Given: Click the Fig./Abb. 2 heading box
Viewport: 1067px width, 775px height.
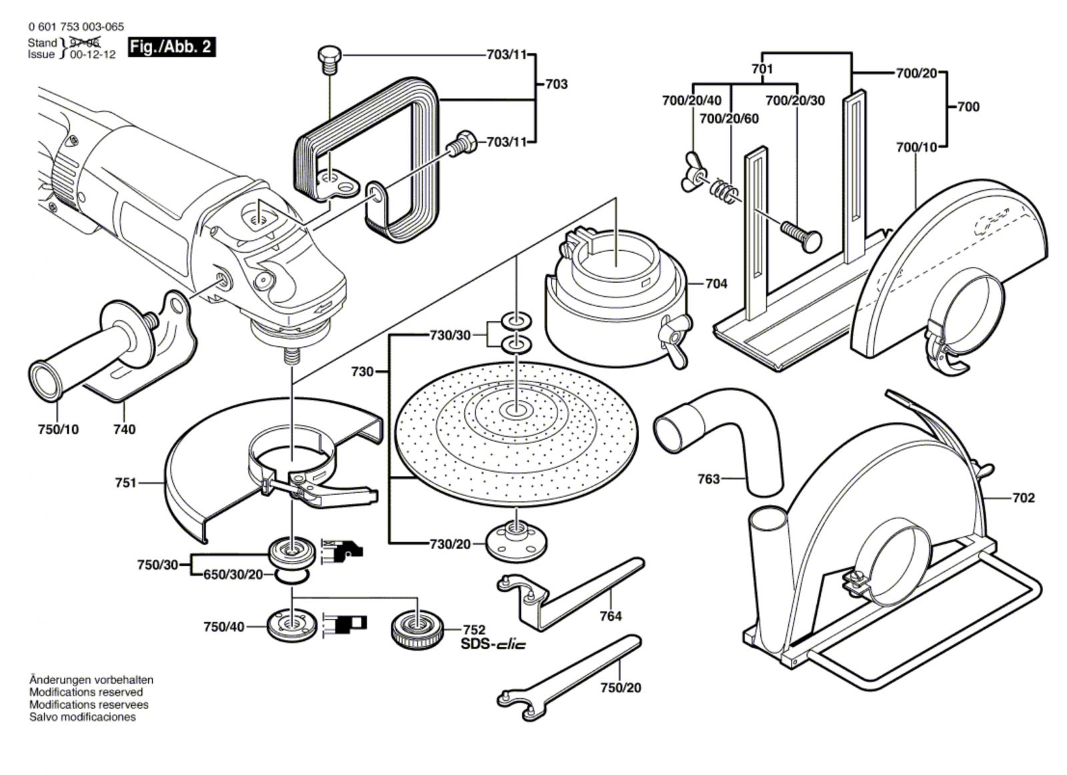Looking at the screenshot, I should coord(171,47).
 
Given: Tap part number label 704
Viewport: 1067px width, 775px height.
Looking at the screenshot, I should coord(716,283).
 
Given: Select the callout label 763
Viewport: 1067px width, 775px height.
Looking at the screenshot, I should coord(708,478).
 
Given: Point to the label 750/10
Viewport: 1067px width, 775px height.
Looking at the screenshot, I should coord(58,430).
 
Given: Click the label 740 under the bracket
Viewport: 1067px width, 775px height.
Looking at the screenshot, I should coord(125,430).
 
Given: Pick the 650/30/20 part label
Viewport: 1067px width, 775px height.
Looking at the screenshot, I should coord(233,574).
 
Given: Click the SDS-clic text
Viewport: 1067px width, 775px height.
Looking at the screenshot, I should coord(493,644).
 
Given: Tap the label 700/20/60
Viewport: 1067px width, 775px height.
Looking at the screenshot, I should coord(729,119).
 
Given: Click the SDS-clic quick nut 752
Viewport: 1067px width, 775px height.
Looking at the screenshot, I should coord(417,630).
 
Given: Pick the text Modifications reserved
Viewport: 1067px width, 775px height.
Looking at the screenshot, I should coord(86,692).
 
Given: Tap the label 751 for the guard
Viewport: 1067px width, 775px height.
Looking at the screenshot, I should coord(126,482).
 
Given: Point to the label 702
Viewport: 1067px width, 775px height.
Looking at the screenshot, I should coord(1023,498).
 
